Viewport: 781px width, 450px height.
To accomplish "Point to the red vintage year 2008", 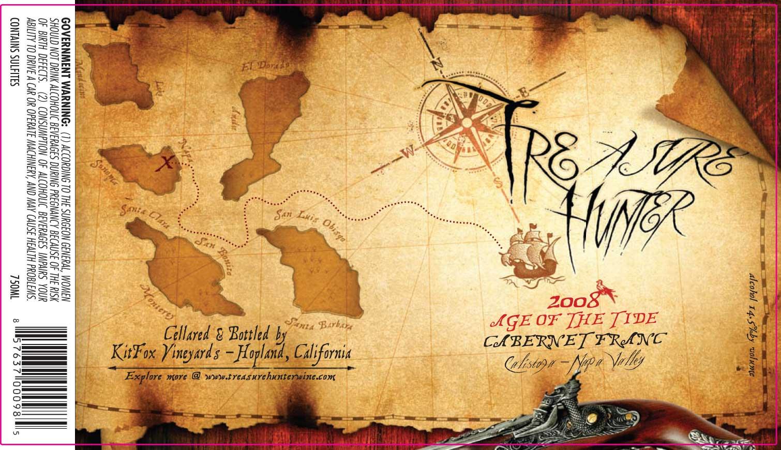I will pyautogui.click(x=574, y=301).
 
